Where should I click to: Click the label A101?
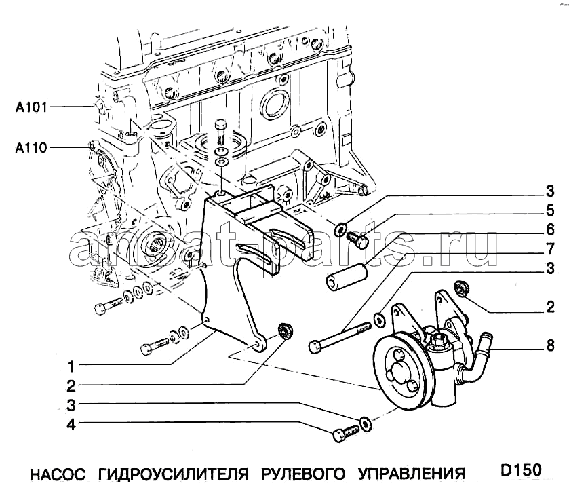[x=31, y=107]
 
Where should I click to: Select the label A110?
[x=31, y=147]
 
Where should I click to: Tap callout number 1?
[x=70, y=367]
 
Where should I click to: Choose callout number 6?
[x=551, y=229]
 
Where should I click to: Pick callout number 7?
[x=551, y=248]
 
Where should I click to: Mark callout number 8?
[x=551, y=346]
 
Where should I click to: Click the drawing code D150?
[x=522, y=470]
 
